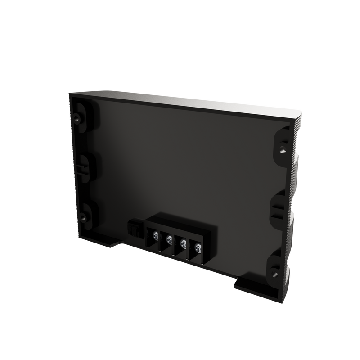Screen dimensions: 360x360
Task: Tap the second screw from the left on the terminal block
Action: coord(169,238)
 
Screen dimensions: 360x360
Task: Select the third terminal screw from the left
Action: coord(183,243)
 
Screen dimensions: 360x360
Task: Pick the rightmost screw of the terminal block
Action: coord(198,247)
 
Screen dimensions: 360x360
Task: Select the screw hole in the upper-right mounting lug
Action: coord(282,146)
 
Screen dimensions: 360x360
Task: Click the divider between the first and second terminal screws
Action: coord(162,238)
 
